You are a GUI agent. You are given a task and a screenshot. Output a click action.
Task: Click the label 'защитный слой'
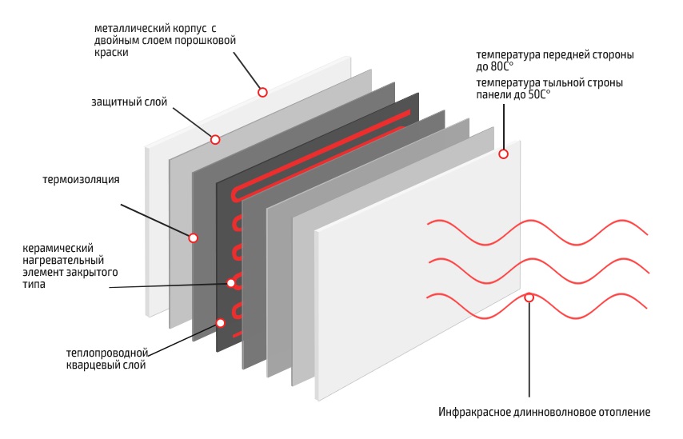[125, 102]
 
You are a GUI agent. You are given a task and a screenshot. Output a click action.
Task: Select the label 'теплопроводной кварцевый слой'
[106, 359]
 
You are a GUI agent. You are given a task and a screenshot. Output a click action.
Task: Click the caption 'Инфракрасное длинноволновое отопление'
[544, 413]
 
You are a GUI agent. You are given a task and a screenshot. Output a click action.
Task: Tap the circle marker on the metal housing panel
[262, 93]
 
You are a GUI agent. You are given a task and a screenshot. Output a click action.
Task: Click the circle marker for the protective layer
[215, 139]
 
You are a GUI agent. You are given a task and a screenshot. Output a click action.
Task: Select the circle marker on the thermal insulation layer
[193, 237]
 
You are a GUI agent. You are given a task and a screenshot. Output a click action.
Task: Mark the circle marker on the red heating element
[231, 282]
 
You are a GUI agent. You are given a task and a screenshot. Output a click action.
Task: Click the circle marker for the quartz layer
[220, 323]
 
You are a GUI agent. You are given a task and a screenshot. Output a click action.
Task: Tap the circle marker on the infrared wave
[529, 297]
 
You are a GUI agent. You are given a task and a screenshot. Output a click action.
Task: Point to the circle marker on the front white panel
[504, 154]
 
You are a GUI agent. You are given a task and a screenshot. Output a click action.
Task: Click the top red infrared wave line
[560, 227]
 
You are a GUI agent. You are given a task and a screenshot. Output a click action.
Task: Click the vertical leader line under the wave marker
[529, 352]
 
